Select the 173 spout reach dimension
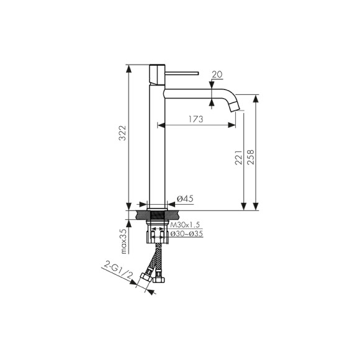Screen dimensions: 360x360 [194, 119]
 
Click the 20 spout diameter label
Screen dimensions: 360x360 [217, 75]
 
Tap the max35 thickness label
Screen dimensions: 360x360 [124, 241]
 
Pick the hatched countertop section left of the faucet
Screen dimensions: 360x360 [138, 215]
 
